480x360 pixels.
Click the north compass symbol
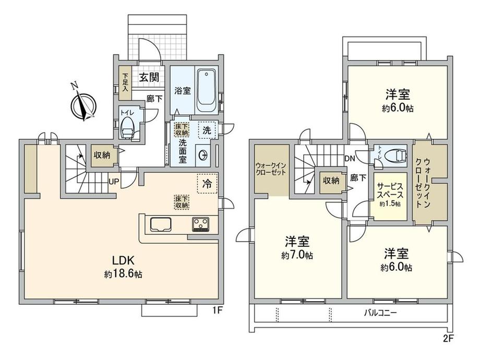83,104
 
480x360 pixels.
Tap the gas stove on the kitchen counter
200,224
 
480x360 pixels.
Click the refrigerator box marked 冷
208,183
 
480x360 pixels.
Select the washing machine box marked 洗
207,130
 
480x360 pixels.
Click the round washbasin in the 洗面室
202,155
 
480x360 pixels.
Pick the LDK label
123,260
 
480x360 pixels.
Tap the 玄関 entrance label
150,77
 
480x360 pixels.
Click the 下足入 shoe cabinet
125,82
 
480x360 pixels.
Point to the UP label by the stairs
114,182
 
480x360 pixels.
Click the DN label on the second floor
350,158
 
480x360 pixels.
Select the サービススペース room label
390,190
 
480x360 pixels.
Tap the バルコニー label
380,313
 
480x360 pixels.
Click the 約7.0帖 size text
297,255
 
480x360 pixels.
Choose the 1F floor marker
217,311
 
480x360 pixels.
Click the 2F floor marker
448,339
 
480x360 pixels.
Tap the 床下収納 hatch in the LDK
182,202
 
